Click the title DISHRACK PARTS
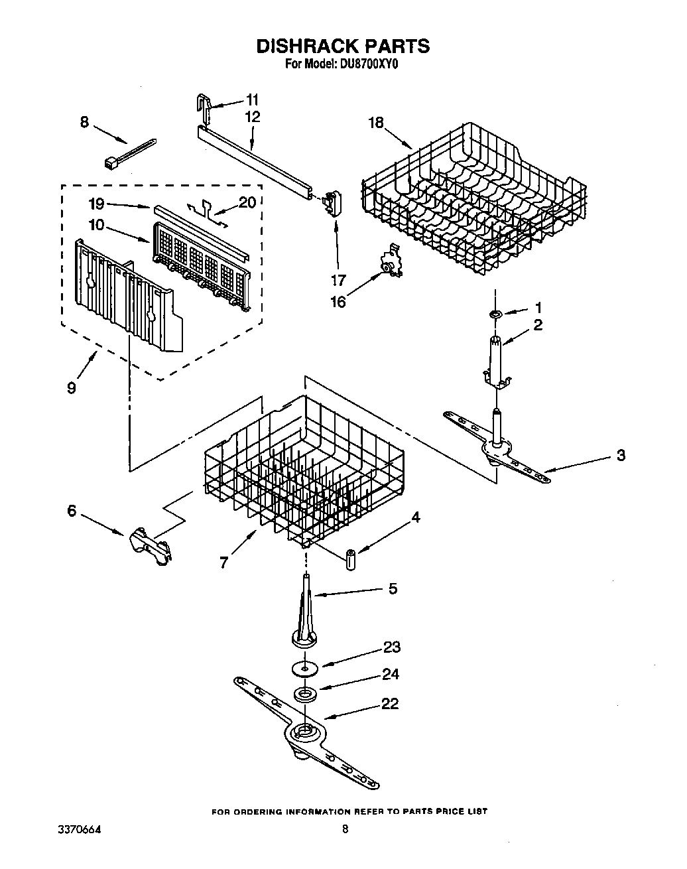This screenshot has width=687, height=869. click(343, 46)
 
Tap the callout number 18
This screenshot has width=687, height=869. click(377, 123)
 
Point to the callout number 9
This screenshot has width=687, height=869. click(71, 387)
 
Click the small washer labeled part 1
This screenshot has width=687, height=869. click(495, 312)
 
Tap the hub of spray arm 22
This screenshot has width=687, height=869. click(304, 733)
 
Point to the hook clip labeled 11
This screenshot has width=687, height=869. click(205, 108)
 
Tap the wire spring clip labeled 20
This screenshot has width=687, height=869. click(208, 208)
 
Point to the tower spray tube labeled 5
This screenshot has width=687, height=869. click(305, 614)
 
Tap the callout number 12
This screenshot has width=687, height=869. click(252, 117)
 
